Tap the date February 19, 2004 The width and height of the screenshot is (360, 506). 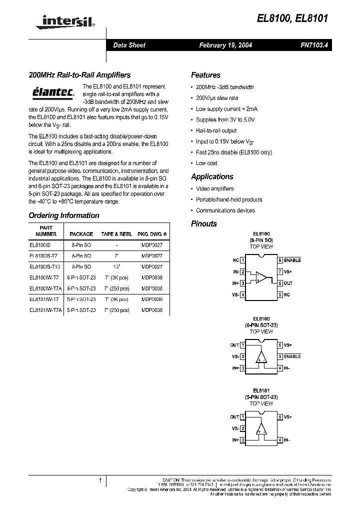coord(225,45)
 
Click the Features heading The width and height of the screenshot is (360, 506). coord(205,75)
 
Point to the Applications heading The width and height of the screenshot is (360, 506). coord(212,176)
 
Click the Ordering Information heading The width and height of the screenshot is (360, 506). coord(64,215)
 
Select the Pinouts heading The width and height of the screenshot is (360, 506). coord(204,223)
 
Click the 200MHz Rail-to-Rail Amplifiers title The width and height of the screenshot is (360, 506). coord(79,75)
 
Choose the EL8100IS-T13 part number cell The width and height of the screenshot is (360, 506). coord(45,267)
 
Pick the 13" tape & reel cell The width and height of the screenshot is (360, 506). coord(116,267)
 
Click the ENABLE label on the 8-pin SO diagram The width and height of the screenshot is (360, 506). coord(292,260)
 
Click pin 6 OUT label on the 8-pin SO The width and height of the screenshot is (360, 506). coord(288,283)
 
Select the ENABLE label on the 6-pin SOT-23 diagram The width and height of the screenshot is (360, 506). coord(292,356)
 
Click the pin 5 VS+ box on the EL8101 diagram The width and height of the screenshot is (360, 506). coord(280,416)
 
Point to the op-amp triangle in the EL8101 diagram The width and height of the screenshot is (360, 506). coord(261,428)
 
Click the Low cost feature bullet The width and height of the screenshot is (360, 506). coord(206,163)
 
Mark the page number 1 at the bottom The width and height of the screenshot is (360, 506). coord(100,481)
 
